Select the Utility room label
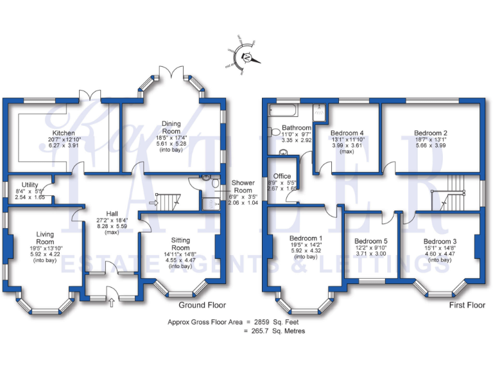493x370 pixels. pos(30,184)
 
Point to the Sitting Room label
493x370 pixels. pos(180,244)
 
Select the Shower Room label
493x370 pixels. pos(243,186)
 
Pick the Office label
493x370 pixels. pos(282,176)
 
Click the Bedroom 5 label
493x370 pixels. pos(371,243)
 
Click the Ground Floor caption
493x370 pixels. pos(202,304)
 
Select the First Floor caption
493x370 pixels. pos(466,305)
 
